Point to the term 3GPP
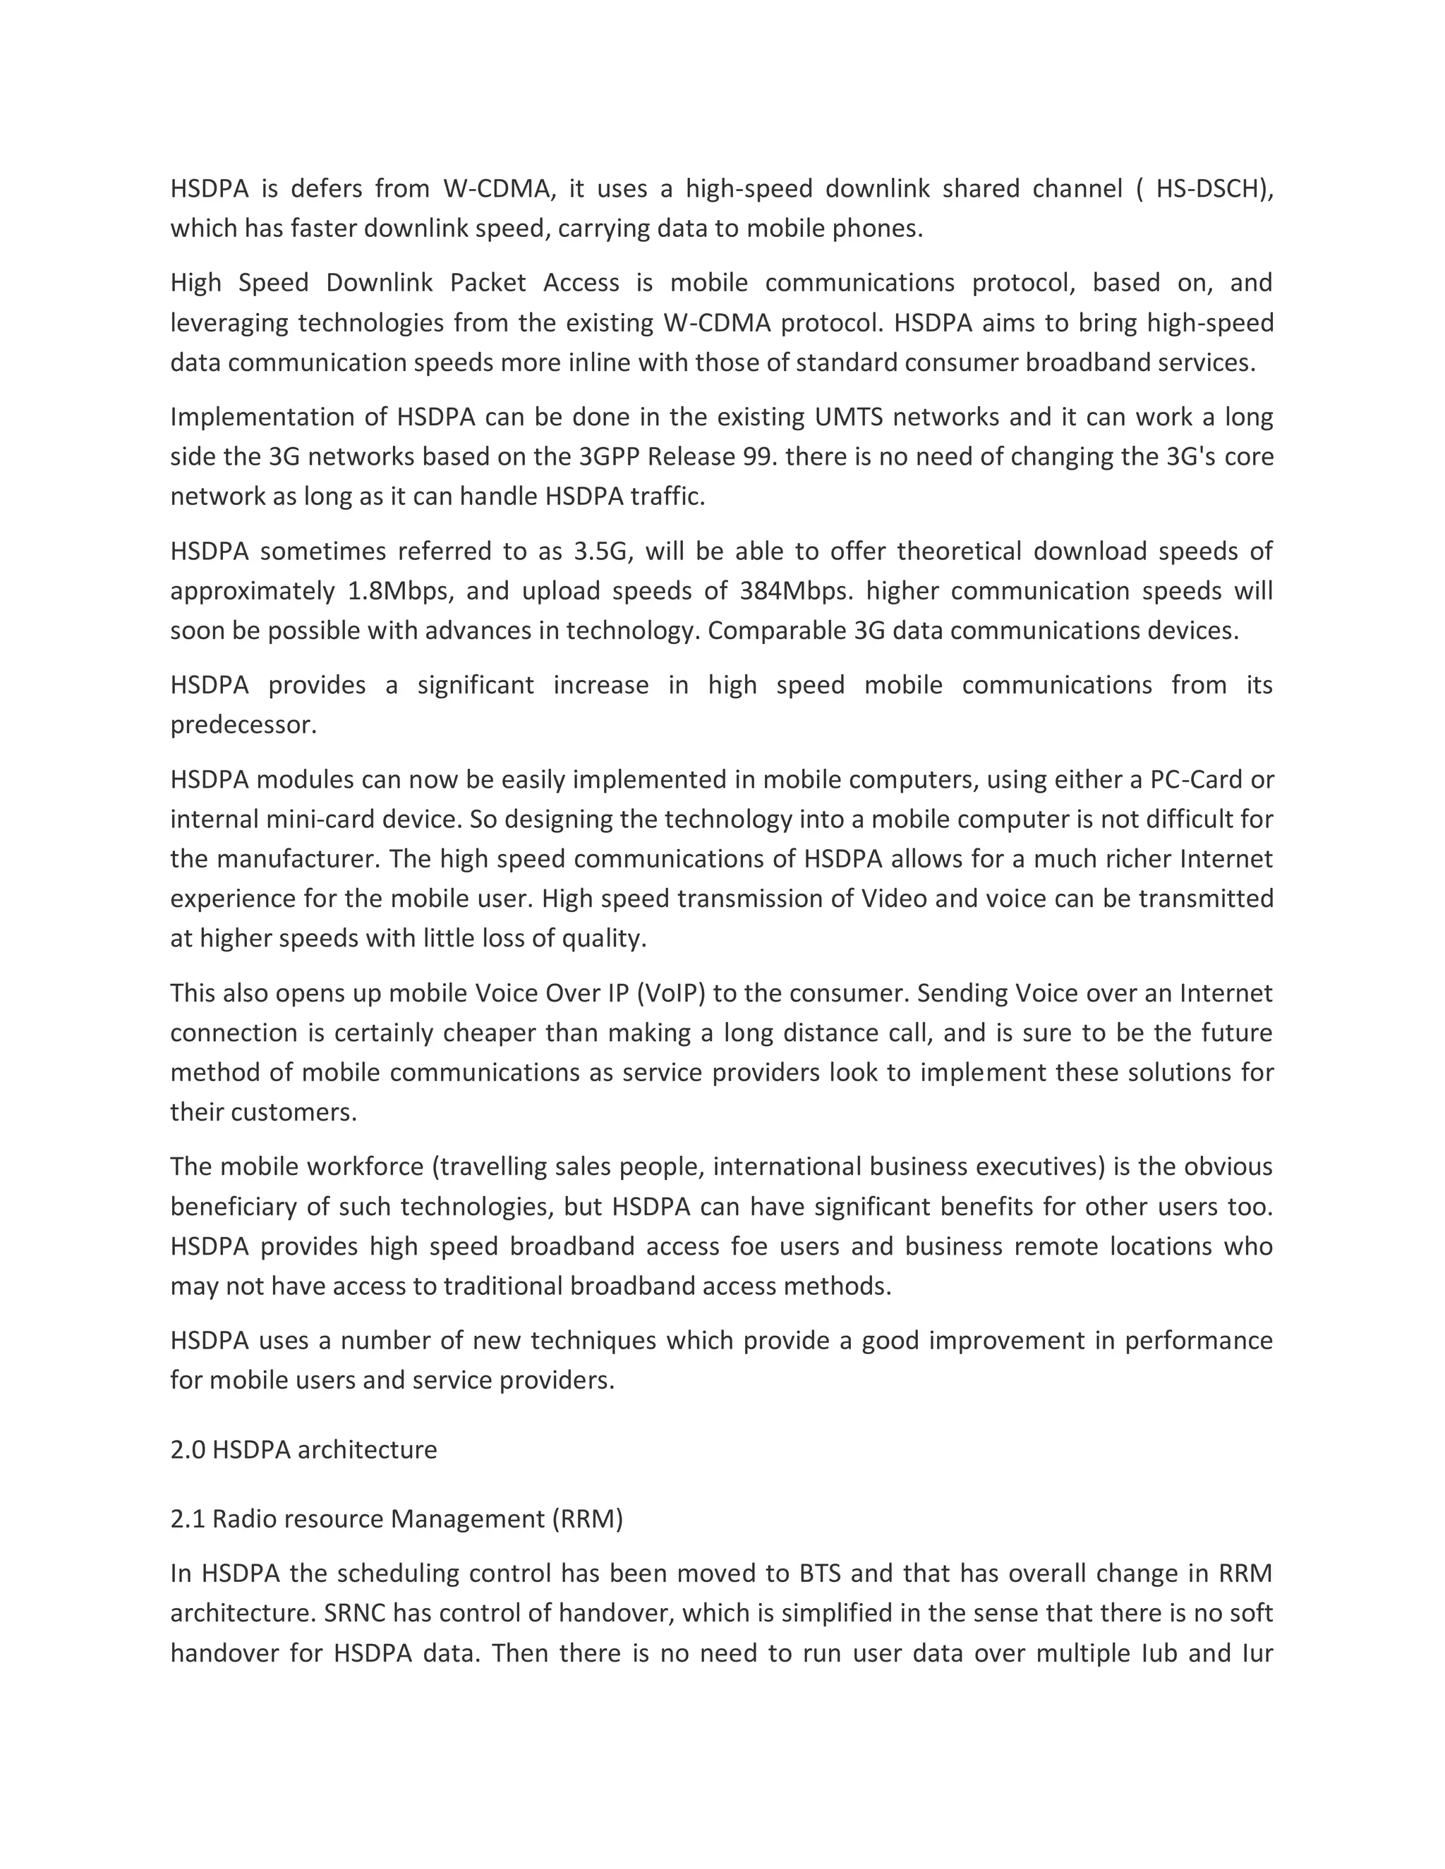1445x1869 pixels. [x=609, y=457]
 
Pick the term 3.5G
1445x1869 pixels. [x=603, y=551]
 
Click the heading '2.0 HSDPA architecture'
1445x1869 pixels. [x=304, y=1449]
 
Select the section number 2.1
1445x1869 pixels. [x=188, y=1519]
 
